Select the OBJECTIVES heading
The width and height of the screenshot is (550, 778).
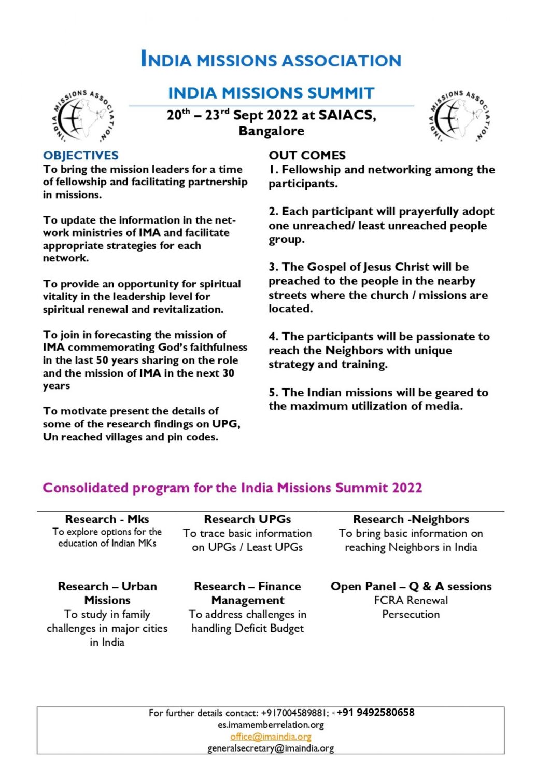pyautogui.click(x=80, y=155)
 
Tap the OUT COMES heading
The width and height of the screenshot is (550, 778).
pyautogui.click(x=307, y=155)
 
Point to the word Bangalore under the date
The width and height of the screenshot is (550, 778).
pyautogui.click(x=271, y=131)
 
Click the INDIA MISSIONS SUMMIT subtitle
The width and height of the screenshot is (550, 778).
pyautogui.click(x=271, y=93)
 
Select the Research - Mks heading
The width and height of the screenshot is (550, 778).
pyautogui.click(x=107, y=519)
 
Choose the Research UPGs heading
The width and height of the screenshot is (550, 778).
pyautogui.click(x=247, y=519)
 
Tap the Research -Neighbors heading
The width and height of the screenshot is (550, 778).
pyautogui.click(x=411, y=519)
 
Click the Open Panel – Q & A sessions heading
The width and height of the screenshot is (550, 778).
pyautogui.click(x=411, y=586)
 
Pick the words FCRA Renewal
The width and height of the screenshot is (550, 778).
pyautogui.click(x=411, y=600)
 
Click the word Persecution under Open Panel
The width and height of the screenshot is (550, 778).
pyautogui.click(x=411, y=614)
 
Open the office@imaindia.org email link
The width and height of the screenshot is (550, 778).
pyautogui.click(x=271, y=737)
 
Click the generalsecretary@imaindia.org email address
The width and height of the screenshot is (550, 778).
pyautogui.click(x=271, y=748)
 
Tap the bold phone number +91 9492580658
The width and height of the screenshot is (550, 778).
pyautogui.click(x=375, y=712)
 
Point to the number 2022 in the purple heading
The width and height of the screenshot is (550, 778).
pyautogui.click(x=407, y=488)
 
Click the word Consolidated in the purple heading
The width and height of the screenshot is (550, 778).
pyautogui.click(x=85, y=488)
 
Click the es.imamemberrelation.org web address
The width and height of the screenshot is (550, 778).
pyautogui.click(x=271, y=725)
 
